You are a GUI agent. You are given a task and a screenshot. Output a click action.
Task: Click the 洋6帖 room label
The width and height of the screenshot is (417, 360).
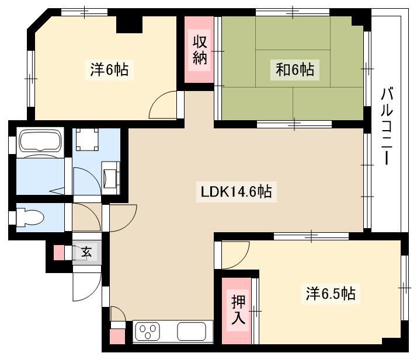tap(109, 69)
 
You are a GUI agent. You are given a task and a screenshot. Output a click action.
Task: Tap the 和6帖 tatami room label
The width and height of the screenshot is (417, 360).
tap(295, 69)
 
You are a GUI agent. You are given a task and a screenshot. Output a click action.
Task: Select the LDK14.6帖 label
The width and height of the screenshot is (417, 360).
tap(237, 191)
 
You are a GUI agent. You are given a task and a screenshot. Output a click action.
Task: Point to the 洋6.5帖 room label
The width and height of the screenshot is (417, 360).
tap(331, 294)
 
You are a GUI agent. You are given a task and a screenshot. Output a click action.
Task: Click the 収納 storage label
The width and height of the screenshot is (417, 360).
tap(200, 50)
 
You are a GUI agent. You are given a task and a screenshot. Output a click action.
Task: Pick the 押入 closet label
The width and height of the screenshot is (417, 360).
tap(238, 309)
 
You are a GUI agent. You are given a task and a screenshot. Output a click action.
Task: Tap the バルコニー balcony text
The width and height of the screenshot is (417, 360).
tap(387, 127)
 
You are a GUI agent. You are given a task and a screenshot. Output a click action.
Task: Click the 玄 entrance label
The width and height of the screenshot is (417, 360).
tap(86, 251)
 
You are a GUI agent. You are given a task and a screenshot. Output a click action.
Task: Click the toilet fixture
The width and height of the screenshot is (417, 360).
tap(30, 218)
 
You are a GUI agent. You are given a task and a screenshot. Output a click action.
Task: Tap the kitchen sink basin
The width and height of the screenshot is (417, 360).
tap(192, 331)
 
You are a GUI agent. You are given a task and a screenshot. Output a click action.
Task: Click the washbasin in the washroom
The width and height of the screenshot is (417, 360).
tap(111, 177)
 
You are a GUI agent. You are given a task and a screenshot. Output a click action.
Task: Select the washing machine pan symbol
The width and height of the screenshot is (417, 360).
tap(88, 139)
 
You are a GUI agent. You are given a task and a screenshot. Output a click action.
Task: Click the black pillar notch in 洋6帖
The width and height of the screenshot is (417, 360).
tap(130, 25)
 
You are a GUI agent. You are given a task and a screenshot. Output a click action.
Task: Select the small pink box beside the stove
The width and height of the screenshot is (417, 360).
tap(117, 337)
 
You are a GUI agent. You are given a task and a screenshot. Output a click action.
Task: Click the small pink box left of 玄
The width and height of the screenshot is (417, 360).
tap(59, 253)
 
